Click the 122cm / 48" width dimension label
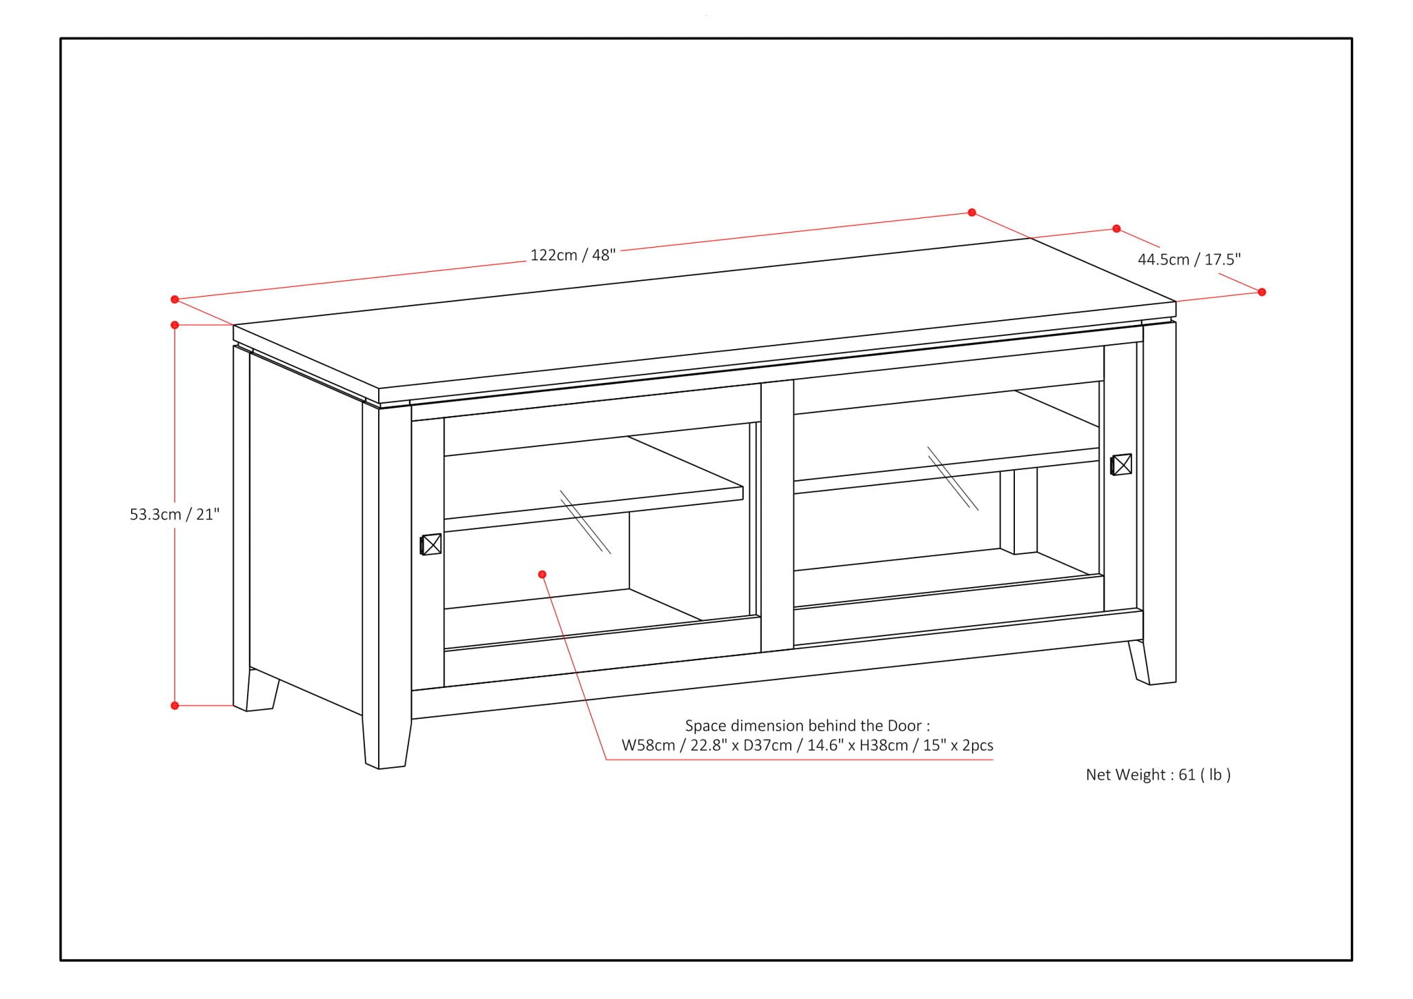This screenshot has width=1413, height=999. pyautogui.click(x=572, y=255)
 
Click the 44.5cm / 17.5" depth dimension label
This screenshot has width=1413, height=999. pyautogui.click(x=1189, y=260)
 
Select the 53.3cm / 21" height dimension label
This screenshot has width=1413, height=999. pyautogui.click(x=175, y=515)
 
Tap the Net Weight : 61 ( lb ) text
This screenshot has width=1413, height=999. pyautogui.click(x=1158, y=775)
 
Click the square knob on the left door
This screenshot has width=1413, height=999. pyautogui.click(x=431, y=544)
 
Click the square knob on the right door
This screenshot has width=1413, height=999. pyautogui.click(x=1122, y=464)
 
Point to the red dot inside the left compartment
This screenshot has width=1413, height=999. pyautogui.click(x=542, y=574)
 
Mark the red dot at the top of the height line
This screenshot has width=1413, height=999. pyautogui.click(x=175, y=325)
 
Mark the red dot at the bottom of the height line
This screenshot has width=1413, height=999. pyautogui.click(x=175, y=706)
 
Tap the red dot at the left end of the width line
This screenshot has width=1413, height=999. pyautogui.click(x=175, y=299)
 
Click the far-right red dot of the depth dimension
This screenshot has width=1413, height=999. pyautogui.click(x=1262, y=293)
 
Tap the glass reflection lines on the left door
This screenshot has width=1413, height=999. pyautogui.click(x=585, y=522)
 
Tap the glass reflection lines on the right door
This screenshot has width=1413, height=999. pyautogui.click(x=953, y=478)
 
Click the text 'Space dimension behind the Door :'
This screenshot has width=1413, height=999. pyautogui.click(x=807, y=726)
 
